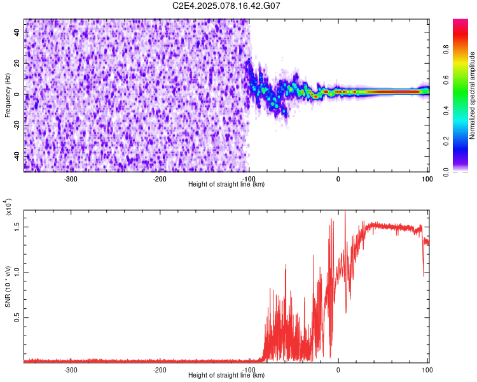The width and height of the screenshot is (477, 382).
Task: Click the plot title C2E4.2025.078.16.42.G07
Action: (226, 6)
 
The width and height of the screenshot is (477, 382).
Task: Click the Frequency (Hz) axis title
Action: (8, 95)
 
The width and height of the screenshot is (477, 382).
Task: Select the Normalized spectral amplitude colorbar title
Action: (473, 95)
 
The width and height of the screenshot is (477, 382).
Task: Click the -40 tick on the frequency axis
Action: (17, 155)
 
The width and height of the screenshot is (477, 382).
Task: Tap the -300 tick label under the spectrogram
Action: (71, 179)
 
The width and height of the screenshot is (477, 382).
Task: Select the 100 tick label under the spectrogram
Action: (427, 179)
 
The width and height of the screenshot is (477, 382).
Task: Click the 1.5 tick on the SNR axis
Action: (18, 226)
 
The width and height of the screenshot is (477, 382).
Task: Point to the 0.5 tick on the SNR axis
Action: (18, 317)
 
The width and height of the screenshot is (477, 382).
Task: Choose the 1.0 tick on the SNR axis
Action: (18, 272)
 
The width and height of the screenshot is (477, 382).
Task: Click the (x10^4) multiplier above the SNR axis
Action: (9, 207)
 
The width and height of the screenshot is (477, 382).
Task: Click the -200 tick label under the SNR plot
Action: (160, 370)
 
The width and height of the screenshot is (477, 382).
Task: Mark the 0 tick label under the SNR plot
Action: (338, 370)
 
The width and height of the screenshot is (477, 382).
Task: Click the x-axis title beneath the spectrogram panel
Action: (226, 184)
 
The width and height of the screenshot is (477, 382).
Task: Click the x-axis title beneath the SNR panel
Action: (226, 375)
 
